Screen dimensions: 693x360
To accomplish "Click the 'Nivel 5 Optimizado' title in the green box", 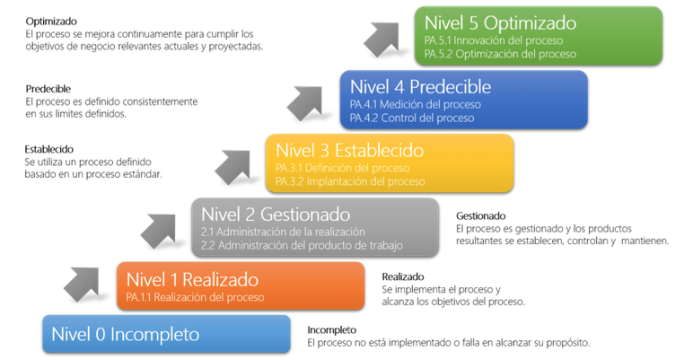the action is [500, 23].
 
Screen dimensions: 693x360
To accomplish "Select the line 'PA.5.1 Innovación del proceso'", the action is [494, 40].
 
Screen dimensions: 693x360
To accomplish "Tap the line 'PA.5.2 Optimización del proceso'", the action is [500, 54].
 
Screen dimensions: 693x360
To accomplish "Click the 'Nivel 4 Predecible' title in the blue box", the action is [420, 87].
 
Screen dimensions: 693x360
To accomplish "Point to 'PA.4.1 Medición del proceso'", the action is [416, 105].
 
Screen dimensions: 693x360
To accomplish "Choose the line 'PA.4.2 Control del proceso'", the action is [412, 119].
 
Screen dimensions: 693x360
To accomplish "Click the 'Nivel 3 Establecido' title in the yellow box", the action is [349, 150].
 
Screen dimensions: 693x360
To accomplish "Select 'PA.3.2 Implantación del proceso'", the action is [350, 181].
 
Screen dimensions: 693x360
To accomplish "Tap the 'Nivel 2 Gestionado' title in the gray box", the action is [276, 215].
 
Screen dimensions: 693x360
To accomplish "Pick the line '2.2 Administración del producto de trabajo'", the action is [302, 245].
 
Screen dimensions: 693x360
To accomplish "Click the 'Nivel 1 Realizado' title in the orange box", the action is [192, 280].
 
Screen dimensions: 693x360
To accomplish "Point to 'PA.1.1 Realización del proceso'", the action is [195, 297].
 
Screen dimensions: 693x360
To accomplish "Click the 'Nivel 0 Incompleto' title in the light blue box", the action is [126, 334].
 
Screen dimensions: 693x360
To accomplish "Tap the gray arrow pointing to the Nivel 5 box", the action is [382, 39].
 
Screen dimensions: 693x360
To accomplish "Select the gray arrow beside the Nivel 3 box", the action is [233, 167].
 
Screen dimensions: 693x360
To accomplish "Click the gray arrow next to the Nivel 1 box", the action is [83, 284].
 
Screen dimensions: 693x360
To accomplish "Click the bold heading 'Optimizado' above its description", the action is [51, 22].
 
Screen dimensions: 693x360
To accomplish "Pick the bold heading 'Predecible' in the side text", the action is [48, 89].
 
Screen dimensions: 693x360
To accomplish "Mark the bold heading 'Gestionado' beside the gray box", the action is [481, 216].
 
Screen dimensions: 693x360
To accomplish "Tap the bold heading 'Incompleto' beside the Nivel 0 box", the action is [332, 330].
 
